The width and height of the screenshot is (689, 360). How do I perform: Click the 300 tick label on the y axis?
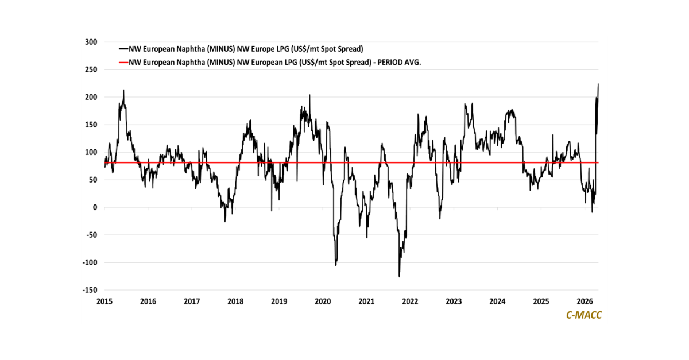point(90,42)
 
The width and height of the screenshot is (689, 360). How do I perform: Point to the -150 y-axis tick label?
point(88,290)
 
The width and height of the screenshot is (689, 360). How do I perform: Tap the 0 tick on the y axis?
point(95,207)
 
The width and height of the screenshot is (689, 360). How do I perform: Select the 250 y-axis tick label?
point(90,69)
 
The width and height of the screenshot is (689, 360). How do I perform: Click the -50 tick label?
point(90,235)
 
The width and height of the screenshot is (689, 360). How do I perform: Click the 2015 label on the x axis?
point(104,301)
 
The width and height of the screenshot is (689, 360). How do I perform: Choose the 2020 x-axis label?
point(323,301)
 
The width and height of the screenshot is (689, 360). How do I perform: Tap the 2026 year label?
point(585,301)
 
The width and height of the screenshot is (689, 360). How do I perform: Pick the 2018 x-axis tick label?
point(235,301)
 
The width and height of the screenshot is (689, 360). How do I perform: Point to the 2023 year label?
point(454,301)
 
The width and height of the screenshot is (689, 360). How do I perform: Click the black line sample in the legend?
point(123,48)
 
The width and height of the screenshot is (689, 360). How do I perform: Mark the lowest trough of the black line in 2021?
point(399,276)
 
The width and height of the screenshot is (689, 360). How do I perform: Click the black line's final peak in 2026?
point(598,84)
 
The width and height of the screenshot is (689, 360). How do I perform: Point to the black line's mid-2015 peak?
point(123,90)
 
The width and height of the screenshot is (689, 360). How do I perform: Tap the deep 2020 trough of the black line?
point(335,265)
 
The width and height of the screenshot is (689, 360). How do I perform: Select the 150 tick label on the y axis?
point(90,125)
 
